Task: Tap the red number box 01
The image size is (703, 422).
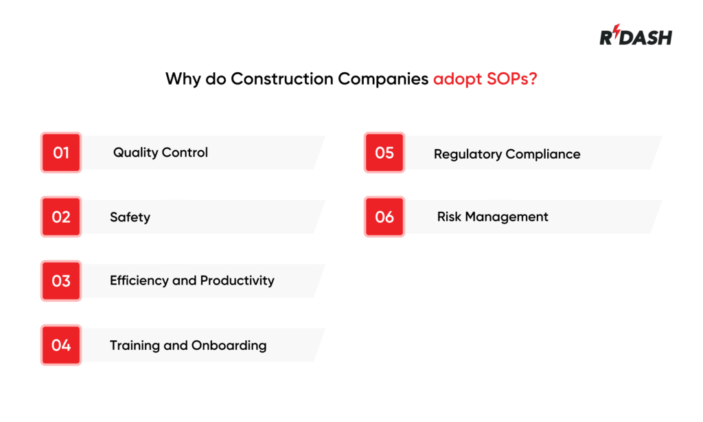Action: (61, 153)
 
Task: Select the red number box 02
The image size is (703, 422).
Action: (61, 216)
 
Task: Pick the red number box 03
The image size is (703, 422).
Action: (61, 280)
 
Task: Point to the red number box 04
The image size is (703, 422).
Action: (61, 345)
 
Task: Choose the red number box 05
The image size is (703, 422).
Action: (384, 153)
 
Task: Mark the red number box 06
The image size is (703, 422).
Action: (384, 216)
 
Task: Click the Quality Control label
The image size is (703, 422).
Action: (160, 153)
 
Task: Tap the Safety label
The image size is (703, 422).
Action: (130, 217)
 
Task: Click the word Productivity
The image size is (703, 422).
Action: (237, 280)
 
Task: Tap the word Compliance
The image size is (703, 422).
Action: (543, 155)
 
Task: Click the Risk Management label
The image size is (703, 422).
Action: (492, 217)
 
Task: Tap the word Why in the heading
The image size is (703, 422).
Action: (183, 79)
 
